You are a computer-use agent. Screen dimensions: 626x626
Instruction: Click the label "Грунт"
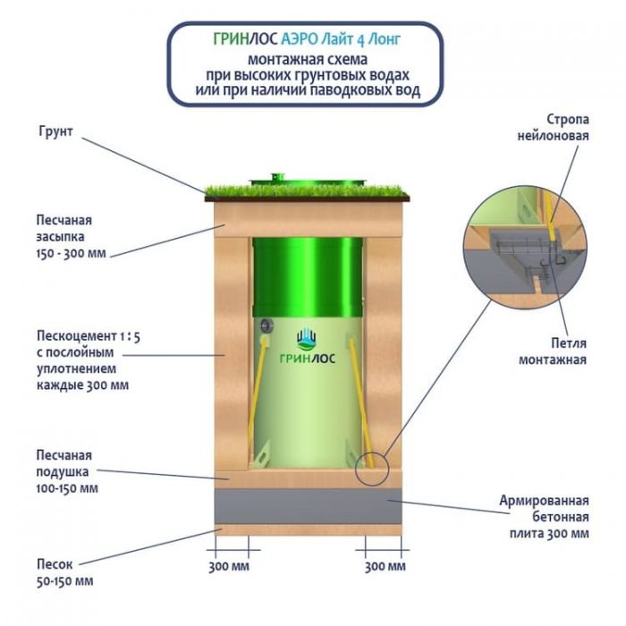click(56, 131)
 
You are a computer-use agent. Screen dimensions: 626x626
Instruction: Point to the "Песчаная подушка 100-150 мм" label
click(66, 470)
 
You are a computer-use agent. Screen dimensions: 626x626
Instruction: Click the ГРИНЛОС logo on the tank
click(308, 341)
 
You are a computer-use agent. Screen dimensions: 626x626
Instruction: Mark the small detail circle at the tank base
click(371, 467)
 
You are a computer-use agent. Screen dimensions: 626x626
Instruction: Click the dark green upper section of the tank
click(308, 268)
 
